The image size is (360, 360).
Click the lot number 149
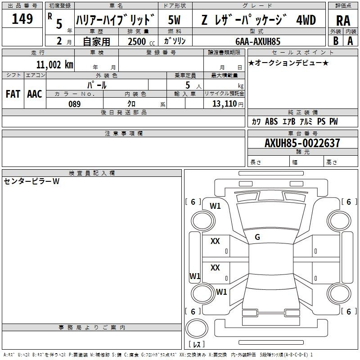pyautogui.click(x=22, y=19)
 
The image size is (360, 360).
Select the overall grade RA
pyautogui.click(x=343, y=21)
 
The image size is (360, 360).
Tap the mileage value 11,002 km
pyautogui.click(x=54, y=65)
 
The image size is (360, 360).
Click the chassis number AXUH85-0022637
pyautogui.click(x=302, y=143)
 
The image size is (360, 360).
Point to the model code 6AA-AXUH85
pyautogui.click(x=258, y=41)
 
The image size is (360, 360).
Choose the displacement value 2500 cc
pyautogui.click(x=141, y=41)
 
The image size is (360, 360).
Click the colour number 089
pyautogui.click(x=75, y=104)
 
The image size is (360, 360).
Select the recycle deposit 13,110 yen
pyautogui.click(x=228, y=104)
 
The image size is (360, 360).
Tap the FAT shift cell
pyautogui.click(x=13, y=94)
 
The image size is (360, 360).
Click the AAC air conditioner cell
pyautogui.click(x=35, y=94)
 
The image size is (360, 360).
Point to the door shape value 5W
pyautogui.click(x=174, y=20)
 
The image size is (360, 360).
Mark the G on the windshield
pyautogui.click(x=257, y=237)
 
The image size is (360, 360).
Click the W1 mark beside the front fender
pyautogui.click(x=215, y=206)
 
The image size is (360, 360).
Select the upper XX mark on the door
pyautogui.click(x=215, y=241)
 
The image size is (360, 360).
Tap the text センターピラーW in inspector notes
pyautogui.click(x=31, y=181)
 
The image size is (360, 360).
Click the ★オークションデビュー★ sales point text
pyautogui.click(x=288, y=63)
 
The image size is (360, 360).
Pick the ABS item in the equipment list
pyautogui.click(x=271, y=121)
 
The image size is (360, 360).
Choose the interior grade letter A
pyautogui.click(x=350, y=41)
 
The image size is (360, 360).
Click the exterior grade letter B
pyautogui.click(x=336, y=41)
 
